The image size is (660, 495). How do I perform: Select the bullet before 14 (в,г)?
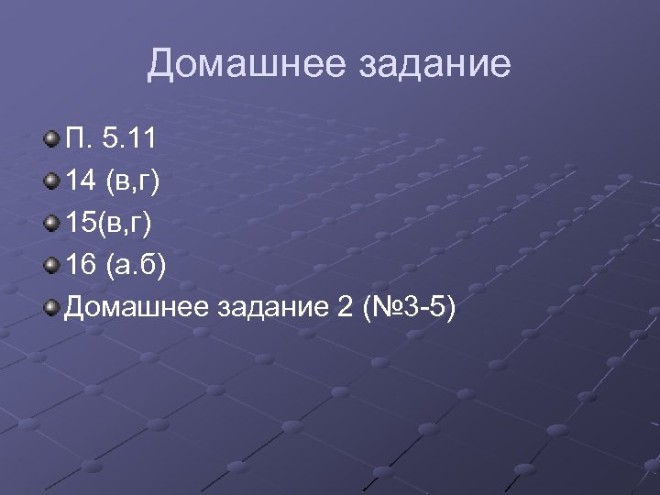pyautogui.click(x=52, y=181)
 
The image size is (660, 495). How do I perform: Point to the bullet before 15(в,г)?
pyautogui.click(x=52, y=224)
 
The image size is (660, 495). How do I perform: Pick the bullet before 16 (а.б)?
pyautogui.click(x=52, y=266)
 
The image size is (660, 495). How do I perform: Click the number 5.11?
pyautogui.click(x=129, y=139)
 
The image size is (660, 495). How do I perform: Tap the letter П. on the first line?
pyautogui.click(x=78, y=139)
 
